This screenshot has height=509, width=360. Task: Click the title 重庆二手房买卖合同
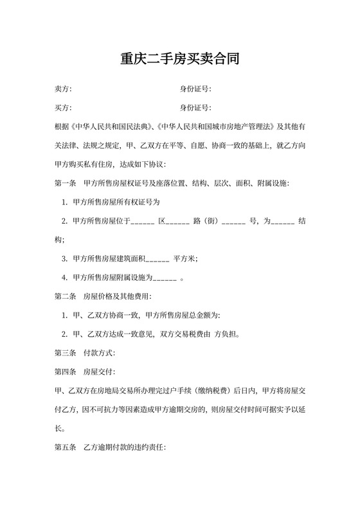click(x=180, y=60)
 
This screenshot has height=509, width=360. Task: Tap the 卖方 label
click(x=63, y=89)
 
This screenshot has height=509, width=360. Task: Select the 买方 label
click(x=63, y=107)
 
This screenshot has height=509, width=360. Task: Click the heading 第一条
click(x=66, y=183)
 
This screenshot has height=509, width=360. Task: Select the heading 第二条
click(x=66, y=296)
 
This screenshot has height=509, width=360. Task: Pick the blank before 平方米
click(x=158, y=259)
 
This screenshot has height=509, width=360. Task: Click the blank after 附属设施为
click(x=166, y=278)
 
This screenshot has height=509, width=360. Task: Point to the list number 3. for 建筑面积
click(x=65, y=259)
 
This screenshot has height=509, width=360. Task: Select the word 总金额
click(x=200, y=316)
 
